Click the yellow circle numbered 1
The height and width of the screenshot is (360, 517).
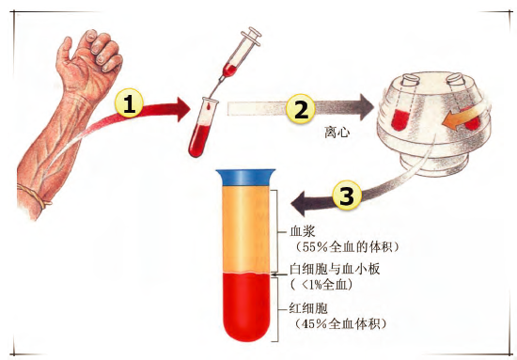coord(129,103)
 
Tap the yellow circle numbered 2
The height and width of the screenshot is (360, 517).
coord(301,109)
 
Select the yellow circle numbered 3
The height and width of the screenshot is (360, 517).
coord(347,196)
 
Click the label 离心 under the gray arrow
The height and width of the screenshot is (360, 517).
coord(337,133)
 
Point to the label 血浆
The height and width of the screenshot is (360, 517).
coord(303,231)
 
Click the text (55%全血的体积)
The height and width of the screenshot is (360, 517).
coord(347,246)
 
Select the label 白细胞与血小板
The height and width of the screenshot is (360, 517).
coord(335,269)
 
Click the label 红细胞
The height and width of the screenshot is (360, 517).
coord(308,308)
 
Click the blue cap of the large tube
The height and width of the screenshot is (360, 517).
coord(245,178)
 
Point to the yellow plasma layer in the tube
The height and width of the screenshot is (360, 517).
coord(246,230)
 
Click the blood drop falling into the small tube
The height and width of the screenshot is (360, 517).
coord(210,106)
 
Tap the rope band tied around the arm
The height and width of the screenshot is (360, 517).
coord(34,196)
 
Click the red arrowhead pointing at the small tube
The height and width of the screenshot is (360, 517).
coord(183,109)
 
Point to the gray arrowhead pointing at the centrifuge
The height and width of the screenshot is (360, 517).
coord(366,107)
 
